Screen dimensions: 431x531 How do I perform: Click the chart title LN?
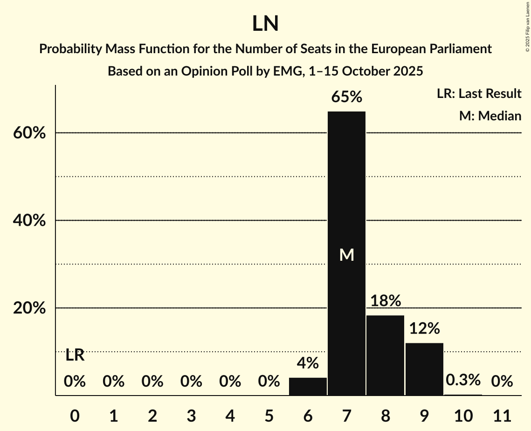(265, 24)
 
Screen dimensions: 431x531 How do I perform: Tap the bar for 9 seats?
(424, 369)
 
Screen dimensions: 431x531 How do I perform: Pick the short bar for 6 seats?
(308, 386)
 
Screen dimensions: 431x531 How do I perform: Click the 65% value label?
(346, 97)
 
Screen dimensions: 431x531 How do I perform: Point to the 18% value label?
(385, 301)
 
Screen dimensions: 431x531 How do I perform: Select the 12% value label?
(424, 328)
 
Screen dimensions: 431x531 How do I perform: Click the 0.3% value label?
(463, 380)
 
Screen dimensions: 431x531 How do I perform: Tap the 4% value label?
(308, 363)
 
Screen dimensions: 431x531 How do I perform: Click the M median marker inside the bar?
(346, 255)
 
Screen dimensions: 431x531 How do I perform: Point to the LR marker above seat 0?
(75, 355)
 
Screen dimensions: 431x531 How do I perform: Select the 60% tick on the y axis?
(29, 133)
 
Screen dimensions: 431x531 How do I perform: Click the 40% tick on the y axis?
(29, 221)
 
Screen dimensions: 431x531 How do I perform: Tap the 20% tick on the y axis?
(29, 308)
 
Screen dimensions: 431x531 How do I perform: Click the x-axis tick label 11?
(502, 415)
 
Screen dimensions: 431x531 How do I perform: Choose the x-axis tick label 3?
(191, 415)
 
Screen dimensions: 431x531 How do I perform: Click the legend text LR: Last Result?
(479, 94)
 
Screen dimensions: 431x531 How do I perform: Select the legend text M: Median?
(490, 116)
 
